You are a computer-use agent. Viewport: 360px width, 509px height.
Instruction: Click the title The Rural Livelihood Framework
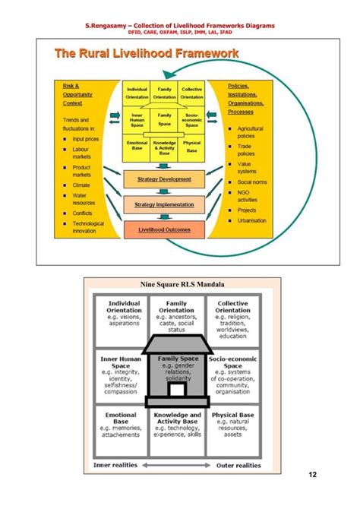click(146, 54)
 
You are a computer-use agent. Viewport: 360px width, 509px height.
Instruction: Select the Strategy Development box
click(164, 179)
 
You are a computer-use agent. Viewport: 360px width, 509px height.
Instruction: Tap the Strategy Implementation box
click(164, 204)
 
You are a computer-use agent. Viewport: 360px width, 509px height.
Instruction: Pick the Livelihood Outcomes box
click(164, 229)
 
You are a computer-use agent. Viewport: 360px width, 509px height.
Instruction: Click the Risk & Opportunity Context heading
click(71, 96)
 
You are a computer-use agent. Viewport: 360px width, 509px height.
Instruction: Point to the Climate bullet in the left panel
click(81, 185)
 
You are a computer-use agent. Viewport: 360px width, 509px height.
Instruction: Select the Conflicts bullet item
click(82, 213)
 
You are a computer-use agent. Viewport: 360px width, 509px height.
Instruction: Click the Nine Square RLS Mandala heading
click(179, 285)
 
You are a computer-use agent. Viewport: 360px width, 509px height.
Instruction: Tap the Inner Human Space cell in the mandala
click(122, 372)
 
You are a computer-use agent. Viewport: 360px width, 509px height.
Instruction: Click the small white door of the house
click(178, 390)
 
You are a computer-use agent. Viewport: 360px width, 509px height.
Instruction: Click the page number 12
click(312, 476)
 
